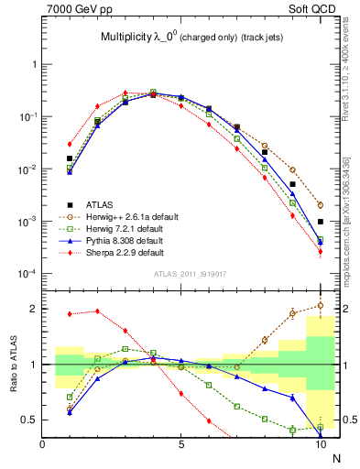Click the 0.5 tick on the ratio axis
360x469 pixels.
[30, 420]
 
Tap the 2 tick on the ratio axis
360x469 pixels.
[35, 309]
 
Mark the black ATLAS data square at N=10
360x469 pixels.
[320, 222]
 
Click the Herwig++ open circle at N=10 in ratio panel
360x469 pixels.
[320, 306]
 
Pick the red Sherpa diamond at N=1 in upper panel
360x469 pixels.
[70, 144]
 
